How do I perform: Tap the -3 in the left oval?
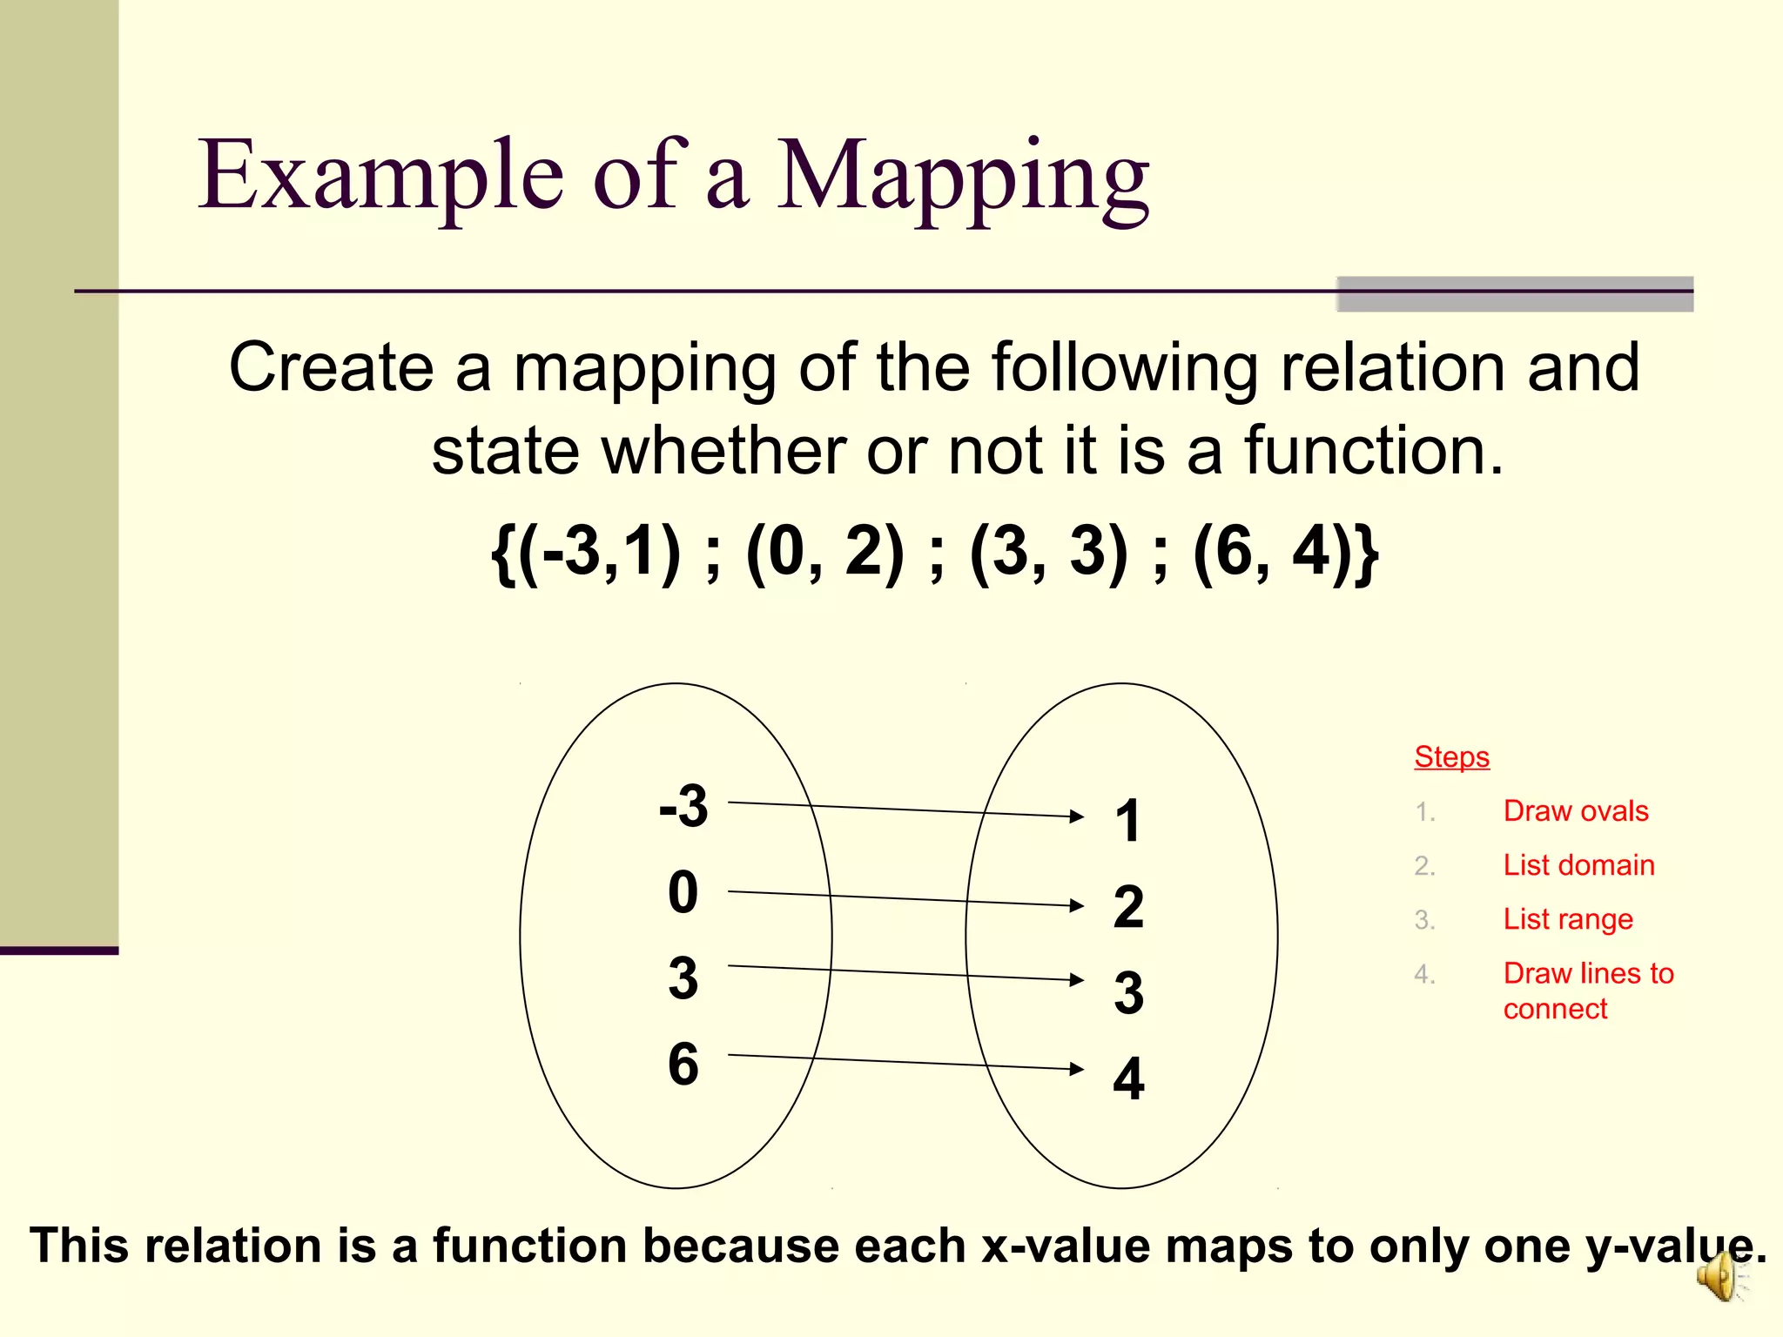coord(683,806)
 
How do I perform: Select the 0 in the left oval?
coord(683,892)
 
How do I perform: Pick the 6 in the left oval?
coord(683,1064)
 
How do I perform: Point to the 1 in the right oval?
coord(1128,821)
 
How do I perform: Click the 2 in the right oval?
coord(1128,907)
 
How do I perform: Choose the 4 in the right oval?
coord(1128,1078)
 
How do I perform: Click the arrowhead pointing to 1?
coord(1077,816)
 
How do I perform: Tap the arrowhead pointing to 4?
coord(1077,1068)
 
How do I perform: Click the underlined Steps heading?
coord(1451,757)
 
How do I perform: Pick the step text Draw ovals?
coord(1576,811)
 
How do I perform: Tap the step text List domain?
coord(1578,865)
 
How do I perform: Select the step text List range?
coord(1568,919)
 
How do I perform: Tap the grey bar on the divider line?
coord(1515,294)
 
